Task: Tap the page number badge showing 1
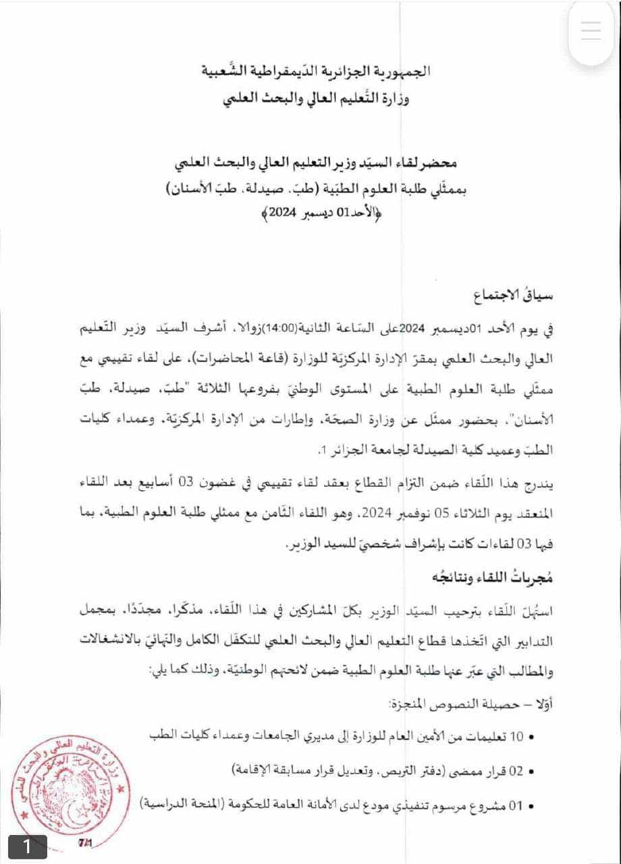pos(27,846)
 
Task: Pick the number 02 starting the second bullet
pos(516,770)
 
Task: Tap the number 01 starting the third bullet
pos(516,805)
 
